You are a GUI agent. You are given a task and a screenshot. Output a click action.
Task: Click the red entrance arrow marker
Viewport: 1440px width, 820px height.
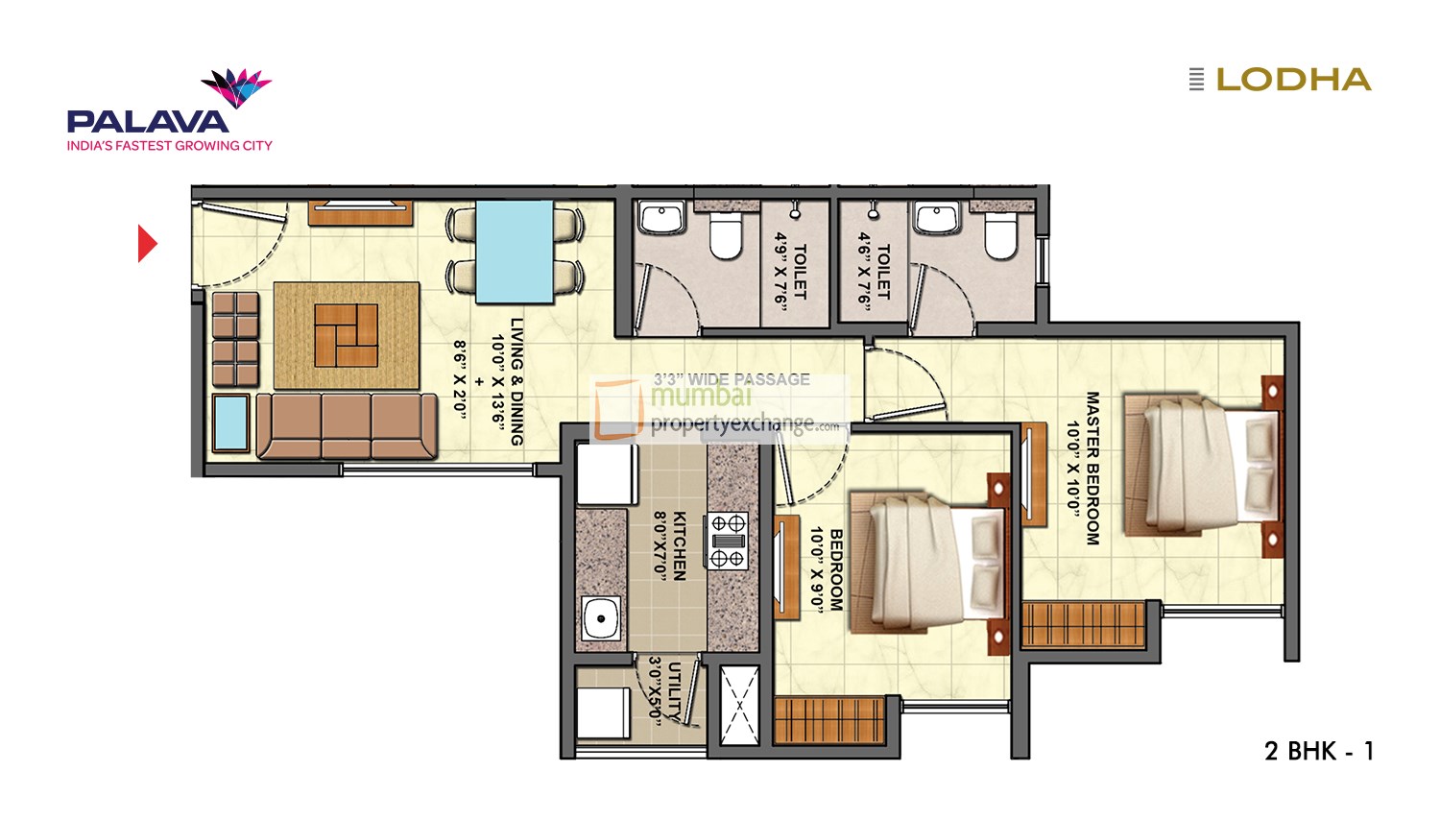pyautogui.click(x=146, y=244)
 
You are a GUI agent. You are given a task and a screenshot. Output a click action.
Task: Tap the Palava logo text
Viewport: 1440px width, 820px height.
pyautogui.click(x=147, y=121)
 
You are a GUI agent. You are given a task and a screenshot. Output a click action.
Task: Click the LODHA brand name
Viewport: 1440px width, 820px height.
pyautogui.click(x=1292, y=80)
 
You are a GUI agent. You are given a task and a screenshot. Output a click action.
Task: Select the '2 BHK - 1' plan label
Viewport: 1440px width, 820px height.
pyautogui.click(x=1318, y=751)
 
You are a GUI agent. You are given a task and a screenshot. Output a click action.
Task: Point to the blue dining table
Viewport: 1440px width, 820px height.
pyautogui.click(x=515, y=252)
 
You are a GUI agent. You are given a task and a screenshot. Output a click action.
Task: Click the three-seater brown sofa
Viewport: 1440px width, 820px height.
pyautogui.click(x=347, y=425)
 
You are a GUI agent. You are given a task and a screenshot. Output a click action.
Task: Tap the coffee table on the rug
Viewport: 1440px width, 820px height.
pyautogui.click(x=346, y=335)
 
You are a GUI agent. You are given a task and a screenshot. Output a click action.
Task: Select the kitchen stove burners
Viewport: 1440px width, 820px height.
pyautogui.click(x=728, y=540)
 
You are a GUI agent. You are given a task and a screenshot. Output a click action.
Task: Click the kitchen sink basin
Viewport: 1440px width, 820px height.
pyautogui.click(x=601, y=618)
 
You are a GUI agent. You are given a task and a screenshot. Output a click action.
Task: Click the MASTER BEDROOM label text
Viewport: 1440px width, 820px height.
pyautogui.click(x=1092, y=468)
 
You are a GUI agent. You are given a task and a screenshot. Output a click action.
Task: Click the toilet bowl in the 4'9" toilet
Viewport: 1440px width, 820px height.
pyautogui.click(x=726, y=236)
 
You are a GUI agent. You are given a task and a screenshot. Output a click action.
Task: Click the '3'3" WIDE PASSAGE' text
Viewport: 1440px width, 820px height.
pyautogui.click(x=732, y=379)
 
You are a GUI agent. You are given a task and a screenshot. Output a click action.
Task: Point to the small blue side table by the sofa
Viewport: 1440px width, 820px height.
pyautogui.click(x=231, y=422)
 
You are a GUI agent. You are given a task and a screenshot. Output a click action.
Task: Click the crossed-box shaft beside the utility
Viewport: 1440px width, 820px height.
pyautogui.click(x=739, y=706)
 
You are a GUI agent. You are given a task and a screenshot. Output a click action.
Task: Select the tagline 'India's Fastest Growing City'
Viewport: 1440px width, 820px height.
pyautogui.click(x=169, y=146)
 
